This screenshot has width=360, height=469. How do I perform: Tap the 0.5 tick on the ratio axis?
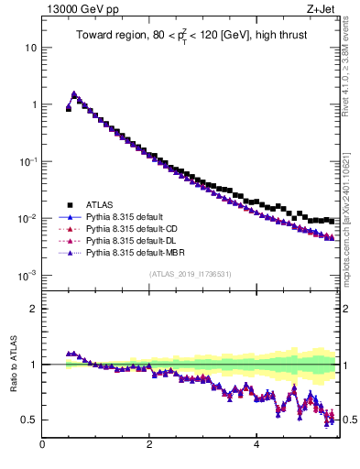30,420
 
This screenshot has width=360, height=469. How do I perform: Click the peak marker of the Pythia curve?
74,93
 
